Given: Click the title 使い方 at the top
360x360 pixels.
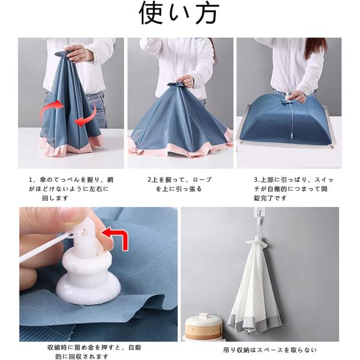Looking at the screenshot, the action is pyautogui.click(x=179, y=13).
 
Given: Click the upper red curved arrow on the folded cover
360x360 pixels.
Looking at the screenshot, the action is pyautogui.click(x=52, y=108).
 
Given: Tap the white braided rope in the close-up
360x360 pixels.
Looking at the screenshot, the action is pyautogui.click(x=47, y=248).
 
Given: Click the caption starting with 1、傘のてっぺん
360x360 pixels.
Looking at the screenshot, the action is pyautogui.click(x=71, y=188).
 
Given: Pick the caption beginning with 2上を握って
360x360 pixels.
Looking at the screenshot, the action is pyautogui.click(x=179, y=184).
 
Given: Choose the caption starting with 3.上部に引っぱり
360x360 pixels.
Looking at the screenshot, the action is pyautogui.click(x=293, y=188).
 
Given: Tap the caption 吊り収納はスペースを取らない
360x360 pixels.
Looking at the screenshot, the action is pyautogui.click(x=270, y=350).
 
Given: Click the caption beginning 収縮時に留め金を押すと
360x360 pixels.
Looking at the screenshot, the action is pyautogui.click(x=94, y=352).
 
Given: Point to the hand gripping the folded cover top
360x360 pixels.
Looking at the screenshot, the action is pyautogui.click(x=79, y=53).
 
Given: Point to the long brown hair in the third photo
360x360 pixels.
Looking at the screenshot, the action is pyautogui.click(x=316, y=48).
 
